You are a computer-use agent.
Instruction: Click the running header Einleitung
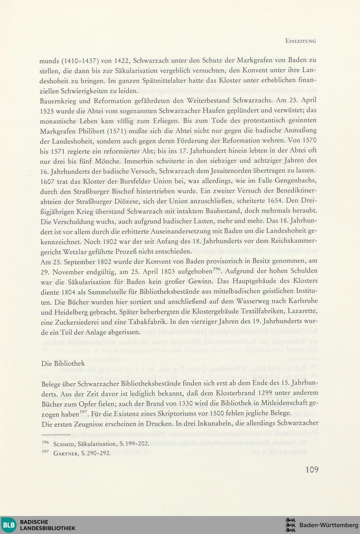300,41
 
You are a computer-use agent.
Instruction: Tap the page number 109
312,469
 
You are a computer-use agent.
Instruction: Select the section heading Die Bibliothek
63,363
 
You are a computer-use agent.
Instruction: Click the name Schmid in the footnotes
64,444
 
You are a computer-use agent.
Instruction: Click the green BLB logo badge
9,525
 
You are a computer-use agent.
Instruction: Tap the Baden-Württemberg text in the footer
329,525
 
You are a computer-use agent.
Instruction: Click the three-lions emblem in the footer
290,525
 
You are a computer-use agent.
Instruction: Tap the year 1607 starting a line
47,181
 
